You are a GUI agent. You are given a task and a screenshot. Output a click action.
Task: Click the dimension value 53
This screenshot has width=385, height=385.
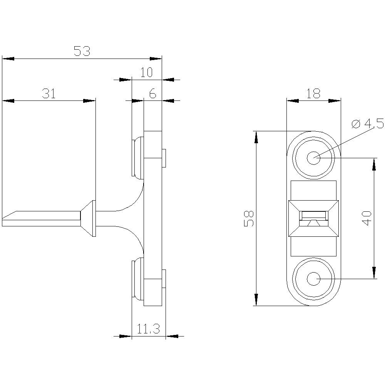[x=82, y=51]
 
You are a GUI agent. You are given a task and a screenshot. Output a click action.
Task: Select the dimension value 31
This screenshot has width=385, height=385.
[x=49, y=94]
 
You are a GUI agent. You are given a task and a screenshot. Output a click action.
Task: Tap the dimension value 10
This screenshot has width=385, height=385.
[x=146, y=72]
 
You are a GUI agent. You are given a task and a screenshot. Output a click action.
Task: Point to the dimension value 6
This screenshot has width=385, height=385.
[x=152, y=94]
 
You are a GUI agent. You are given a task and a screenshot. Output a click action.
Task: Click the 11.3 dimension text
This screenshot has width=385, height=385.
[x=149, y=329]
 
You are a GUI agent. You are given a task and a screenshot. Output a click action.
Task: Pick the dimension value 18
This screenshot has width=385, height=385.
[x=314, y=94]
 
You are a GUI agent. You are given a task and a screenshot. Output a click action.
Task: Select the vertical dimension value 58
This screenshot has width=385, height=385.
[x=249, y=218]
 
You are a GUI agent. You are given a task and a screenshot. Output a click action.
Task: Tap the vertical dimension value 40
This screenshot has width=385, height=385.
[x=367, y=218]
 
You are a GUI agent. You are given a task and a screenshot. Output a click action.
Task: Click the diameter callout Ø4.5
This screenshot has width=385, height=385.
[x=368, y=124]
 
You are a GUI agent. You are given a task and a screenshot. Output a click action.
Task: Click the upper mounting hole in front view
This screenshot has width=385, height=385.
[x=314, y=157]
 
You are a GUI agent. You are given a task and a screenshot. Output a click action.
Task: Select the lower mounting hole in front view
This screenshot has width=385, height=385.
[x=314, y=278]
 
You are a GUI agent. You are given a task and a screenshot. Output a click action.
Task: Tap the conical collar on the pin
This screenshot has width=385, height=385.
[x=88, y=218]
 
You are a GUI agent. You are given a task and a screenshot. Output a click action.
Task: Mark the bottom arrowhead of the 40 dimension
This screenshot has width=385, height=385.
[x=373, y=273]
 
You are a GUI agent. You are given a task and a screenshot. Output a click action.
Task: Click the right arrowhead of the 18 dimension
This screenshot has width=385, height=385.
[x=335, y=101]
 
